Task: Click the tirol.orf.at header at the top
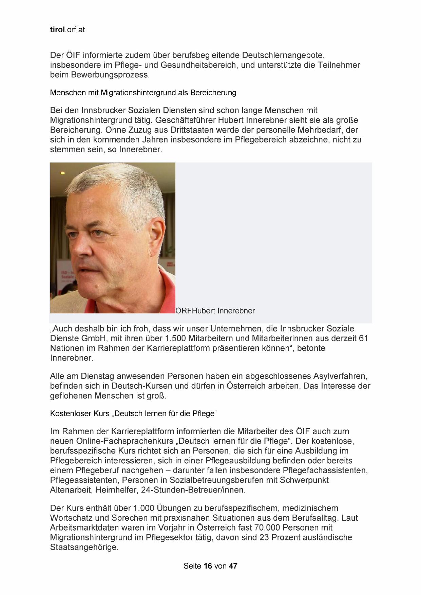coord(67,30)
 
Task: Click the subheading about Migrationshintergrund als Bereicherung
coord(143,93)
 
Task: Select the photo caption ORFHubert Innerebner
coord(215,311)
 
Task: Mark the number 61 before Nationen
coord(363,339)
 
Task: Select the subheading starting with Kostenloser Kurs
coord(133,414)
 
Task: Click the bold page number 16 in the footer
coord(208,566)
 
